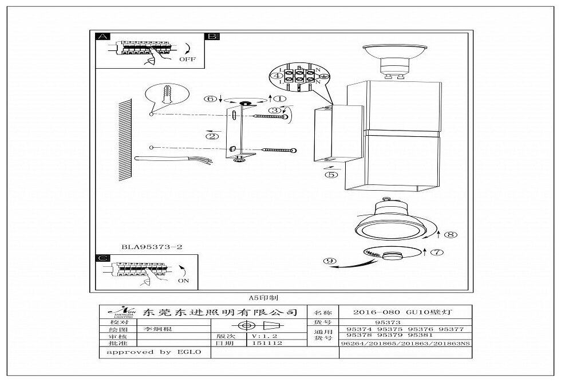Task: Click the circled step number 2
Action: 212,136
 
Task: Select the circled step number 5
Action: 331,175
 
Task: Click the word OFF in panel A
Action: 187,59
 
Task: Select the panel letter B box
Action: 212,36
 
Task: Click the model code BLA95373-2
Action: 152,247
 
